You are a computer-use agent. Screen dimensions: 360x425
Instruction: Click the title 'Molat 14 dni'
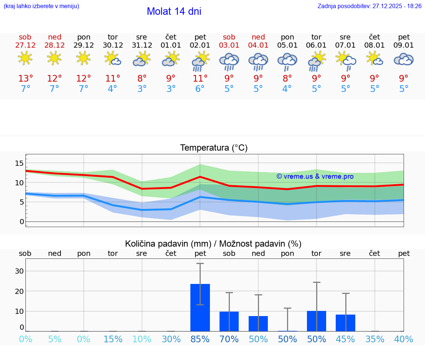174,11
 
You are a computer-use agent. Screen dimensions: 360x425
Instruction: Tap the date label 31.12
142,45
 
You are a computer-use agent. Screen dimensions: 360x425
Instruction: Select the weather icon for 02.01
200,61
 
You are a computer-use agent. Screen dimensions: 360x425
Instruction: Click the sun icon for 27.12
25,58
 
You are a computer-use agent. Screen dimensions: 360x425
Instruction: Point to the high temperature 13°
25,79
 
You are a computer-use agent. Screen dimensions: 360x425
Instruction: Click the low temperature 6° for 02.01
200,89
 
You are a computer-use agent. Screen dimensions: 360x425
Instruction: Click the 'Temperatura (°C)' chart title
214,148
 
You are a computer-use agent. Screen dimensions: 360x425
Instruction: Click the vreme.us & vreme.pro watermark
315,176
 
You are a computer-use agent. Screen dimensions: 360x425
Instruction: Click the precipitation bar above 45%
345,323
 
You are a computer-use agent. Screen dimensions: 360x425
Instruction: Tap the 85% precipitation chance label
200,339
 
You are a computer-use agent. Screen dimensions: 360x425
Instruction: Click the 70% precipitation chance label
229,339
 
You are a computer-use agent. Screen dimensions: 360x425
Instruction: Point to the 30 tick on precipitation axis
19,271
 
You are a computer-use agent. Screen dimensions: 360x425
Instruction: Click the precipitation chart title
213,244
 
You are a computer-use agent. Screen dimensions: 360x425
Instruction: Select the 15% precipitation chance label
113,339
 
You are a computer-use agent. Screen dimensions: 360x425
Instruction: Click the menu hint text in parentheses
41,6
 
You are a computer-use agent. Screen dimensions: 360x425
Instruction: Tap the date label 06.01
316,45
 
